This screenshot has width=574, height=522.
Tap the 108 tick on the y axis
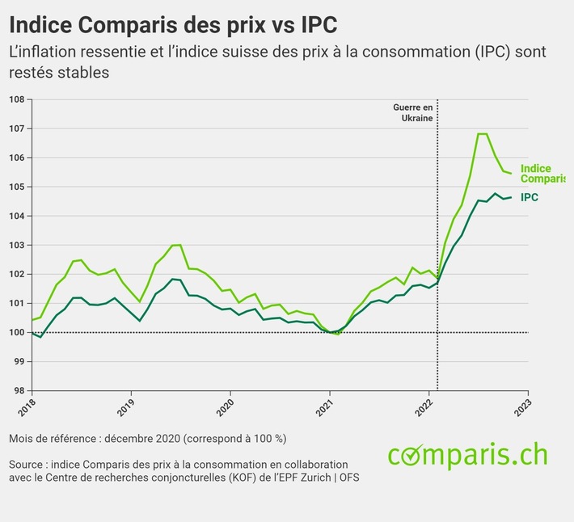17,99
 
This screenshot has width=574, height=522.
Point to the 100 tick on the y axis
17,332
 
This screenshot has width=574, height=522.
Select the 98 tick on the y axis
17,390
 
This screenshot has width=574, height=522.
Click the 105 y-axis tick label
17,187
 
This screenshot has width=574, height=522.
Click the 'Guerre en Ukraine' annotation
413,112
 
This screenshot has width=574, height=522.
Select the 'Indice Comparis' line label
541,174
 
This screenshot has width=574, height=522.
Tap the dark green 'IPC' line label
530,197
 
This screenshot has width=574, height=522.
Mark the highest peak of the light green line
482,133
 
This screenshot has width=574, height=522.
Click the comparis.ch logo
467,456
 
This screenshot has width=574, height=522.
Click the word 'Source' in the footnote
27,465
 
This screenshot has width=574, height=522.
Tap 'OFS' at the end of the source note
349,478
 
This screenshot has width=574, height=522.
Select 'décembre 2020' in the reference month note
142,439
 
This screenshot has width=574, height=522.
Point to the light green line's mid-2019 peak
176,244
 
